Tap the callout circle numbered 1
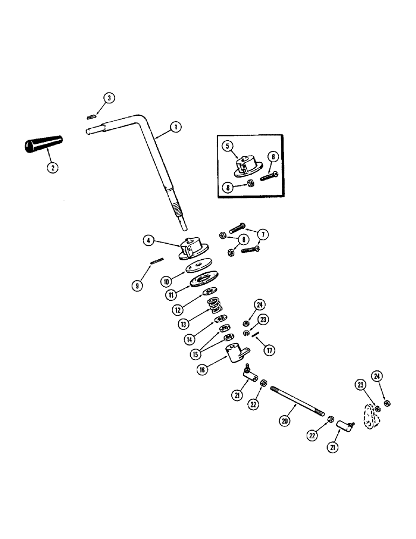pyautogui.click(x=175, y=127)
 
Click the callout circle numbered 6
pyautogui.click(x=273, y=156)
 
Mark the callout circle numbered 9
pyautogui.click(x=138, y=286)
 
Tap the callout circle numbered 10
pyautogui.click(x=167, y=281)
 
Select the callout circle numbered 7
pyautogui.click(x=264, y=236)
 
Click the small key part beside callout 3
pyautogui.click(x=92, y=114)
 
